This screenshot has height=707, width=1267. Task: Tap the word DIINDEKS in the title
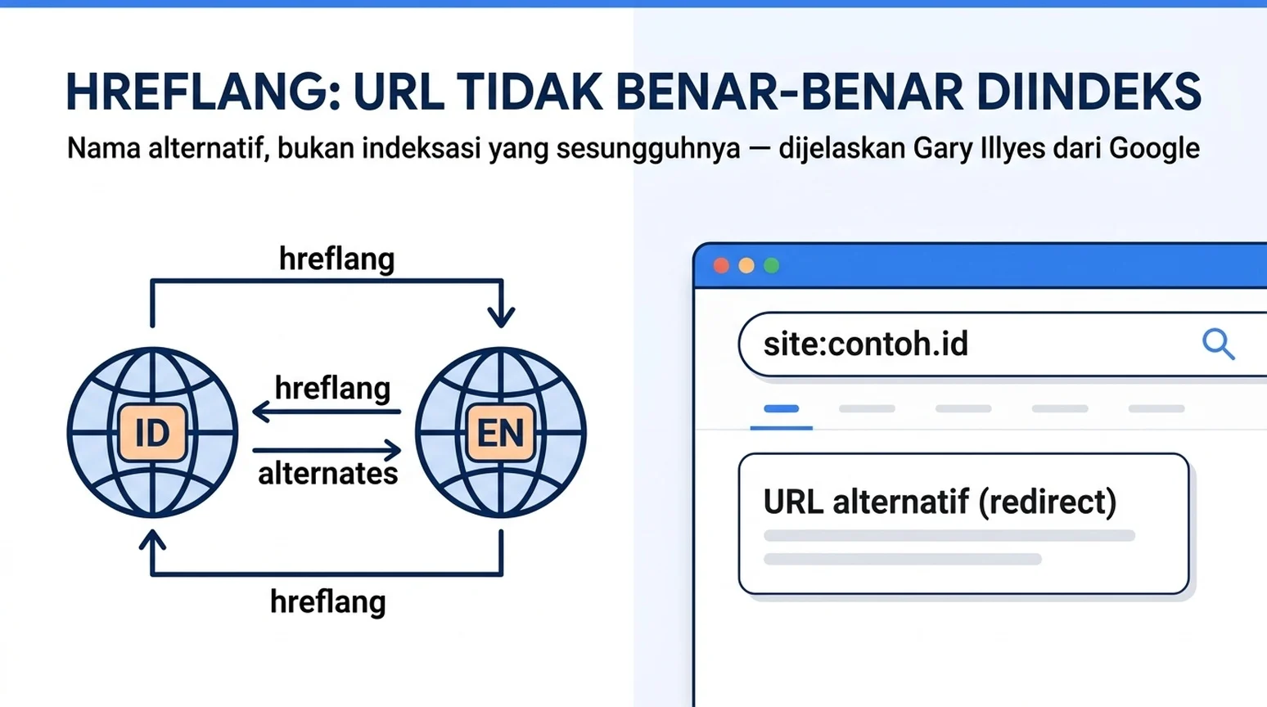pos(1089,92)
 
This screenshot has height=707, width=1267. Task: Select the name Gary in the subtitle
pos(936,149)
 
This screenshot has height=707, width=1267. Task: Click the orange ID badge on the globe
pos(152,433)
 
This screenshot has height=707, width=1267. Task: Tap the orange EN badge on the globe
pos(501,433)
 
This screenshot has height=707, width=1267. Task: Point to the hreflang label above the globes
pos(336,259)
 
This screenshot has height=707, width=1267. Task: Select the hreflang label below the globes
pos(328,601)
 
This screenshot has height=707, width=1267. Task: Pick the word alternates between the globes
pos(328,474)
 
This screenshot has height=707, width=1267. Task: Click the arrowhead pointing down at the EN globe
pos(501,316)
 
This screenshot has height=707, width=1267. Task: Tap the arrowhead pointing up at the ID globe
pos(152,539)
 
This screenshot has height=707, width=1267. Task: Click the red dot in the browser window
pos(721,265)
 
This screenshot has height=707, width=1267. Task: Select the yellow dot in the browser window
pos(746,265)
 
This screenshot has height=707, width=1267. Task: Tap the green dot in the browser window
pos(772,265)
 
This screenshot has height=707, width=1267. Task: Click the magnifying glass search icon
pos(1218,344)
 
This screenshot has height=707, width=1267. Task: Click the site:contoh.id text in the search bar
pos(866,344)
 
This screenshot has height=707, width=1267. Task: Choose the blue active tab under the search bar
pos(781,408)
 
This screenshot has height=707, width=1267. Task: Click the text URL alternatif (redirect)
pos(940,501)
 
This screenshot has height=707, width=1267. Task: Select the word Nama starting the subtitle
pos(103,149)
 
